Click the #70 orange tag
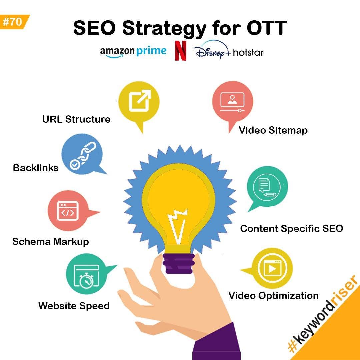(x=14, y=22)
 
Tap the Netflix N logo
(x=180, y=51)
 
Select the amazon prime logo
(x=133, y=52)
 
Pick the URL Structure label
(x=76, y=119)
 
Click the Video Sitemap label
(x=273, y=130)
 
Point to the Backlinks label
(x=36, y=168)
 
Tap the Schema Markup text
(x=51, y=242)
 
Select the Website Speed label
(x=74, y=306)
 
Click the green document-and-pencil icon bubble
(x=267, y=187)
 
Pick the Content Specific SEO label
(x=292, y=228)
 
